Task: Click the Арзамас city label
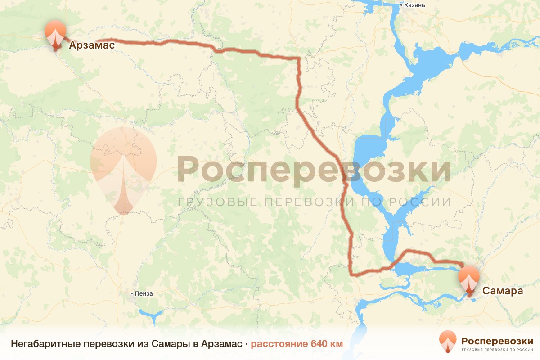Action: click(92, 45)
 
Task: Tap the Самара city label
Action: click(503, 291)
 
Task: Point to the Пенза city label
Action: click(144, 293)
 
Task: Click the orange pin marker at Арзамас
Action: click(56, 32)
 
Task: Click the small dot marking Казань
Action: click(402, 5)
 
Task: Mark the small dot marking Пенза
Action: click(132, 293)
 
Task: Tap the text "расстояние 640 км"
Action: click(297, 344)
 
